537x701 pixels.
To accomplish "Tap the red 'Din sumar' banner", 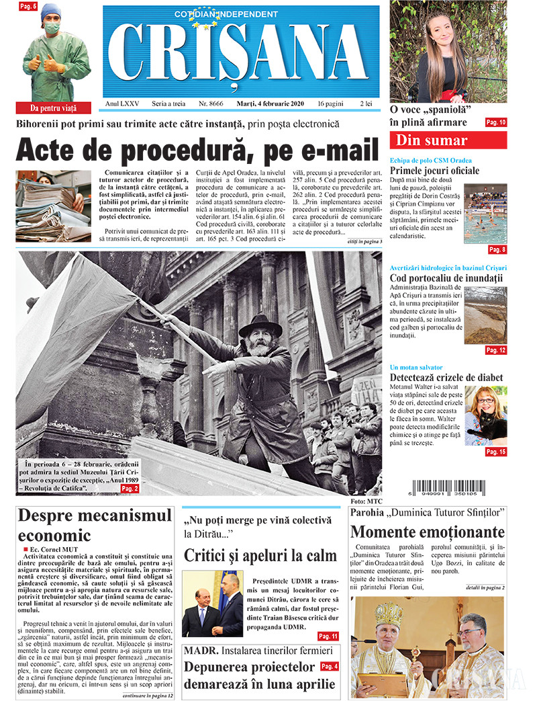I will pyautogui.click(x=448, y=140).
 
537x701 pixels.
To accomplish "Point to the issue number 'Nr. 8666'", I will pyautogui.click(x=211, y=104).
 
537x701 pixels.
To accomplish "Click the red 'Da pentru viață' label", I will pyautogui.click(x=54, y=108).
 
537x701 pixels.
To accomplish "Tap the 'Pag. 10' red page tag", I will pyautogui.click(x=496, y=122).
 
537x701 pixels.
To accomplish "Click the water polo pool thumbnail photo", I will pyautogui.click(x=485, y=214).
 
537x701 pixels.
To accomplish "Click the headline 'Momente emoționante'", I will pyautogui.click(x=427, y=532).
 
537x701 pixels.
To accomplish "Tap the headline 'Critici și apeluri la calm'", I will pyautogui.click(x=260, y=555).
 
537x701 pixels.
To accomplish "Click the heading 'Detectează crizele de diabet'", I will pyautogui.click(x=446, y=378).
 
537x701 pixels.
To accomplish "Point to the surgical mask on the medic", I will pyautogui.click(x=52, y=28).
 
